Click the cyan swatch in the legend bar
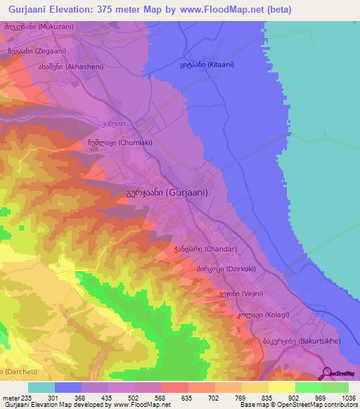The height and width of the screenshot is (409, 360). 41,387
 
